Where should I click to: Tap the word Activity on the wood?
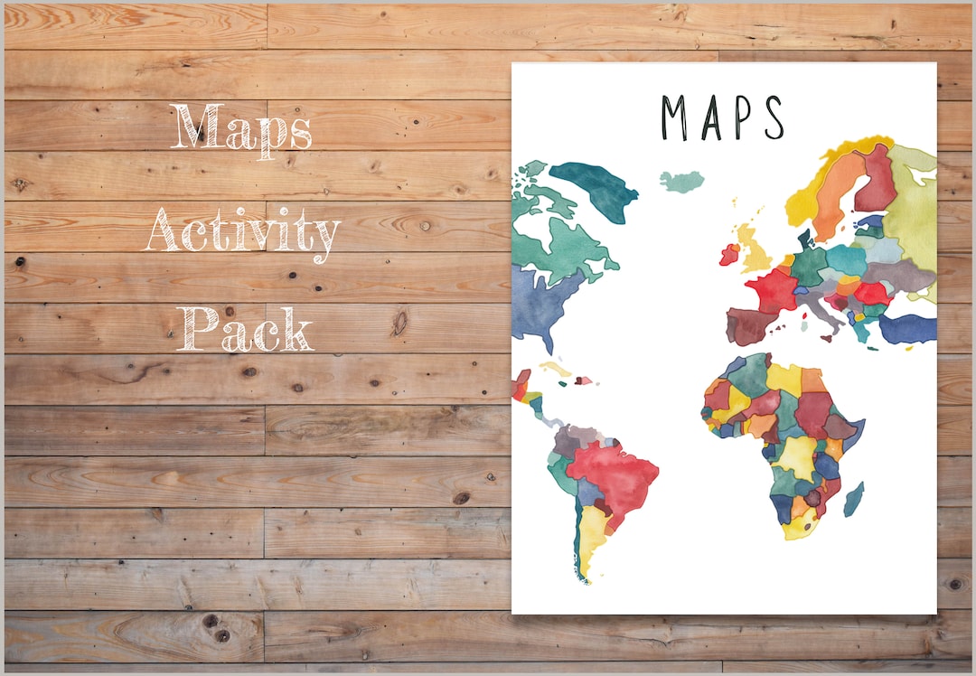[243, 232]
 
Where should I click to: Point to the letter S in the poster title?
[774, 117]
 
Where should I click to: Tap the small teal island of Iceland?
[681, 181]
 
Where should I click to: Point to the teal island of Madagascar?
[853, 499]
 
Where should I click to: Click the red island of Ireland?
[729, 254]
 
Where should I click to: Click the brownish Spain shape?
[749, 324]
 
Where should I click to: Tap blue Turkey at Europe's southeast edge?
[907, 329]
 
